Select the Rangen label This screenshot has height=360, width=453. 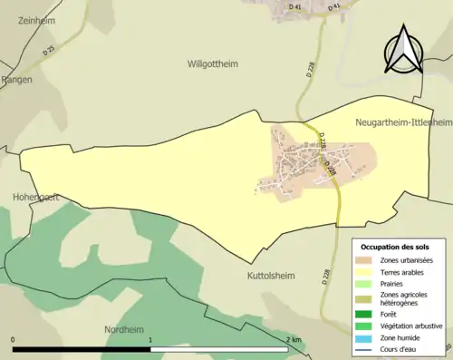(x=17, y=80)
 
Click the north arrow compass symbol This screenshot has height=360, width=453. (x=402, y=49)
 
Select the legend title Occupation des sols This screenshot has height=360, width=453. (x=395, y=247)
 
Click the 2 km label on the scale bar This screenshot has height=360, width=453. (x=293, y=338)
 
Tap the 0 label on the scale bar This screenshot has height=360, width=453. (x=14, y=338)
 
